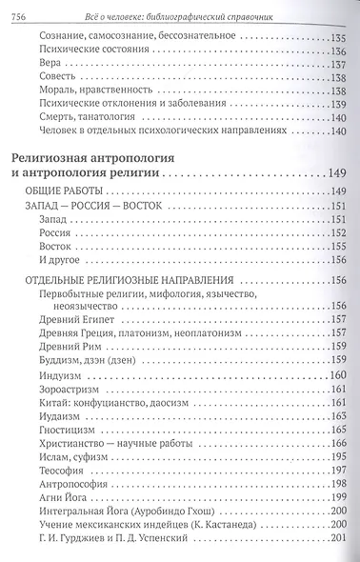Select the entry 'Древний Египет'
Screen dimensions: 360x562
tap(77, 321)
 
